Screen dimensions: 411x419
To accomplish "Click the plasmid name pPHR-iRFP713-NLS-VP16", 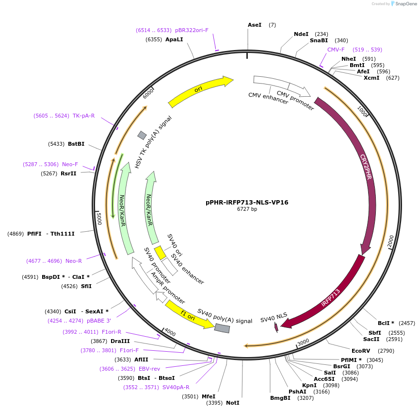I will [247, 202].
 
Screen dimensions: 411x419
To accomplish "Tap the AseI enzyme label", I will [254, 25].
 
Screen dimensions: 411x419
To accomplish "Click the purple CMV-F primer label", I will [336, 50].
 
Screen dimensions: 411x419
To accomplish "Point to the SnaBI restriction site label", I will [319, 41].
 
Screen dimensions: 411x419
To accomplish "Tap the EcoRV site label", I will [360, 351].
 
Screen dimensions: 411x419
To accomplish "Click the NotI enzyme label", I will [232, 403].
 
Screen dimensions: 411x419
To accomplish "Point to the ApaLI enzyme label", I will [174, 39].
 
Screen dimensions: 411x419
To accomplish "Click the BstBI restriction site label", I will [76, 144].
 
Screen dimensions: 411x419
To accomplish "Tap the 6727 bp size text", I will [247, 209].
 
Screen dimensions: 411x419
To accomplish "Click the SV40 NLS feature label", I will [274, 319].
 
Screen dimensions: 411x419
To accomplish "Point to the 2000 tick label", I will [391, 241].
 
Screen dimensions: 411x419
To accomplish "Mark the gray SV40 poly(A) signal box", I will [222, 328].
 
